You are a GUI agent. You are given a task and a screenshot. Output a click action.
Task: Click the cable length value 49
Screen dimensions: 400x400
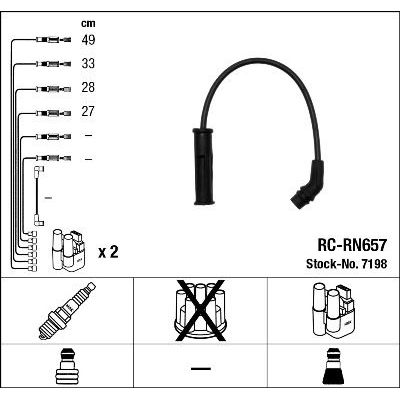(88, 40)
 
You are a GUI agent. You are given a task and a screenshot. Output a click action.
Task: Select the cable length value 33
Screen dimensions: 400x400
(88, 63)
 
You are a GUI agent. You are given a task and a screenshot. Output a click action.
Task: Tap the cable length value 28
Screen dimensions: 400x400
(88, 87)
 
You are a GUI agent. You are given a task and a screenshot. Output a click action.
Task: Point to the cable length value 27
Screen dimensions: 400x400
(88, 111)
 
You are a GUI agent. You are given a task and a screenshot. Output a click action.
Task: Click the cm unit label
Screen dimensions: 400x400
(88, 23)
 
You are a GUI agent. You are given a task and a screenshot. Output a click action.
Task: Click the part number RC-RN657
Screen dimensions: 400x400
(352, 245)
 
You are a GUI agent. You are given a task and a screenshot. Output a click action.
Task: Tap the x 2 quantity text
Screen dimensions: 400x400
(108, 252)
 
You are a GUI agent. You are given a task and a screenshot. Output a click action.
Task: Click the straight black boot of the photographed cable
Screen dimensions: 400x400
(204, 166)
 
